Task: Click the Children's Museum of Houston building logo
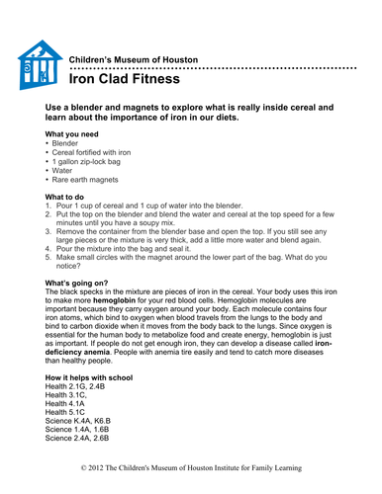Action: pos(39,66)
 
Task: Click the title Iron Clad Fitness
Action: pos(123,78)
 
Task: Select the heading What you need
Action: pos(70,133)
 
